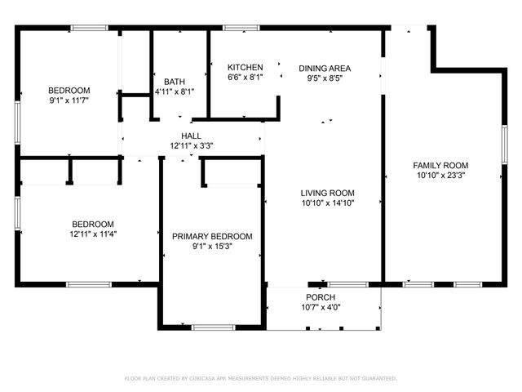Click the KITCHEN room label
pyautogui.click(x=245, y=67)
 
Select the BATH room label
pyautogui.click(x=174, y=82)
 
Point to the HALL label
pyautogui.click(x=191, y=136)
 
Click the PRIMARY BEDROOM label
pyautogui.click(x=212, y=236)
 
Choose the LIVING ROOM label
pyautogui.click(x=326, y=193)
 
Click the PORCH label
pyautogui.click(x=321, y=297)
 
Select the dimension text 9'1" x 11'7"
pyautogui.click(x=69, y=100)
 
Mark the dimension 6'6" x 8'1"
pyautogui.click(x=245, y=78)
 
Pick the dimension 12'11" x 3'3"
pyautogui.click(x=191, y=146)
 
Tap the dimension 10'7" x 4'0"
pyautogui.click(x=321, y=308)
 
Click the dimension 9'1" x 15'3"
pyautogui.click(x=212, y=247)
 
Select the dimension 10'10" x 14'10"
pyautogui.click(x=326, y=203)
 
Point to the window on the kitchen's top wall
pyautogui.click(x=241, y=29)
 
